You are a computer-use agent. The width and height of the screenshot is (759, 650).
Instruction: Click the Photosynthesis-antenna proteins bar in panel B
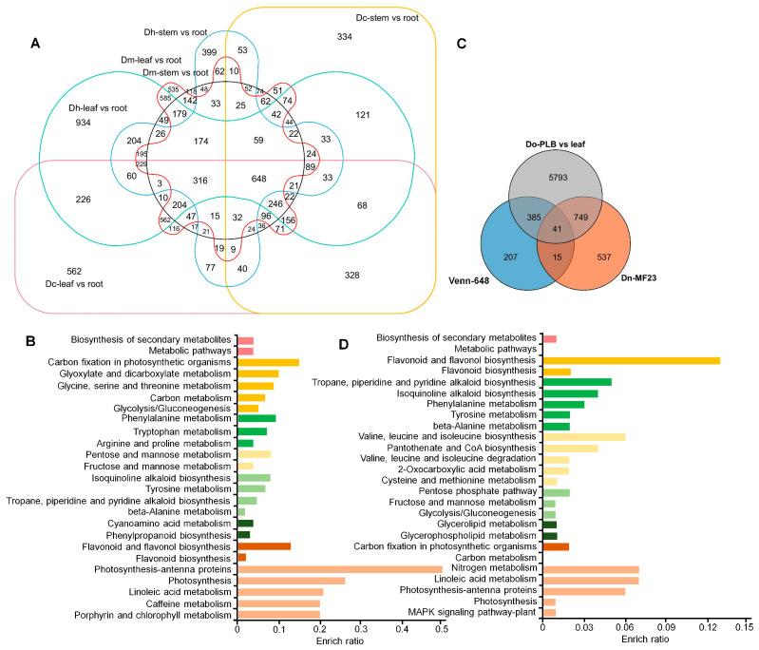point(339,569)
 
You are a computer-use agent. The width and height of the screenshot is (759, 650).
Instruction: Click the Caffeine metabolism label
point(187,602)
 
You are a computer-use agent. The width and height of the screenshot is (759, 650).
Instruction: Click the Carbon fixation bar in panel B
point(268,362)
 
